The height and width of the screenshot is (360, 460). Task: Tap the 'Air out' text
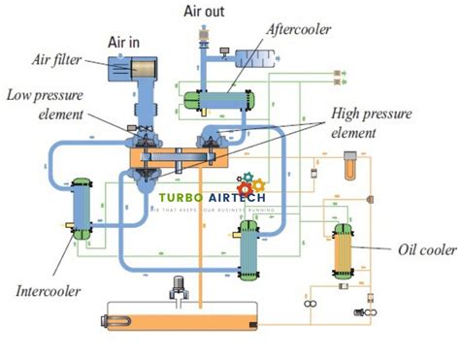206,11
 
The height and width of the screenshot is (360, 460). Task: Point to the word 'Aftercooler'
302,28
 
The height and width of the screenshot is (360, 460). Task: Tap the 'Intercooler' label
48,290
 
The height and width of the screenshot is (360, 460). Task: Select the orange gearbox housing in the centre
175,158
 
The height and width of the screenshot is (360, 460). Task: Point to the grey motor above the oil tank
179,287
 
